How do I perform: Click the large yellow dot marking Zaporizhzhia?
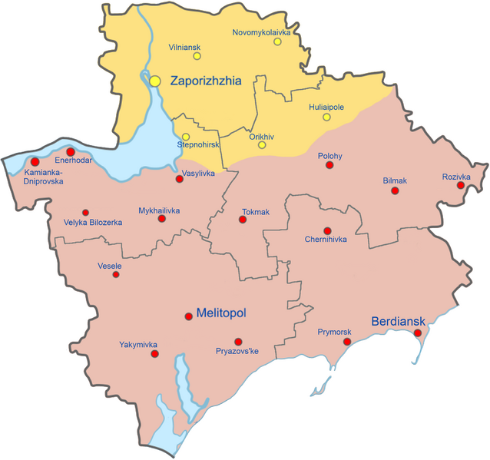point(155,80)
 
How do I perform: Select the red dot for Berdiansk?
point(418,333)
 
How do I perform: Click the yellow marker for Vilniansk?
point(197,55)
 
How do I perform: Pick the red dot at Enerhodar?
point(71,152)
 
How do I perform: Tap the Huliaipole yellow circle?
point(326,117)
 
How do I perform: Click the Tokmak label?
point(256,211)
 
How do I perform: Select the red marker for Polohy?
point(329,165)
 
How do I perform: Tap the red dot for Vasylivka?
point(179,179)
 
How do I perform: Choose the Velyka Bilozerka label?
point(93,223)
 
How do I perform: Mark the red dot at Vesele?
point(116,274)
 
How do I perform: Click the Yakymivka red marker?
point(154,355)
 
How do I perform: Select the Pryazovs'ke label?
point(237,351)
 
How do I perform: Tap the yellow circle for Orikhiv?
point(262,145)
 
